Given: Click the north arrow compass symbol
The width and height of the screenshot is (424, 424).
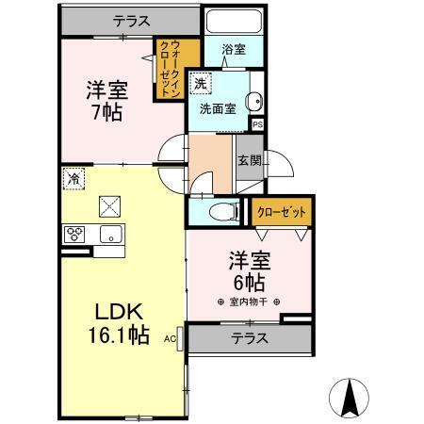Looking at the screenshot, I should pos(351,398).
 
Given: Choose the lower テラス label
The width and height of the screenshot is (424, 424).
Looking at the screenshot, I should pos(249,338).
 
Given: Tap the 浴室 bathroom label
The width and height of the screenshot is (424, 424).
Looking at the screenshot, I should pos(234,49).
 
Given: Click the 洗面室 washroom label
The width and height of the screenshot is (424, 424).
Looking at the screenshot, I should pos(217,108).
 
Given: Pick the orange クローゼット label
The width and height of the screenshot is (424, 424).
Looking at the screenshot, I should pos(282,213).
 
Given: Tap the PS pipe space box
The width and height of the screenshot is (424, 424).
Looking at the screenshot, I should pos(257,122).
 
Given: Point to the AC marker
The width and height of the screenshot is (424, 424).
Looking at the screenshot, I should pos(171,336).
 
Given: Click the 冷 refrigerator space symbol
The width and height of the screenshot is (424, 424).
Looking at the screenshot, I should pos(73,177).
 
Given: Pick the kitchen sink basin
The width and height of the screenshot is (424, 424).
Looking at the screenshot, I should pos(111,235).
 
